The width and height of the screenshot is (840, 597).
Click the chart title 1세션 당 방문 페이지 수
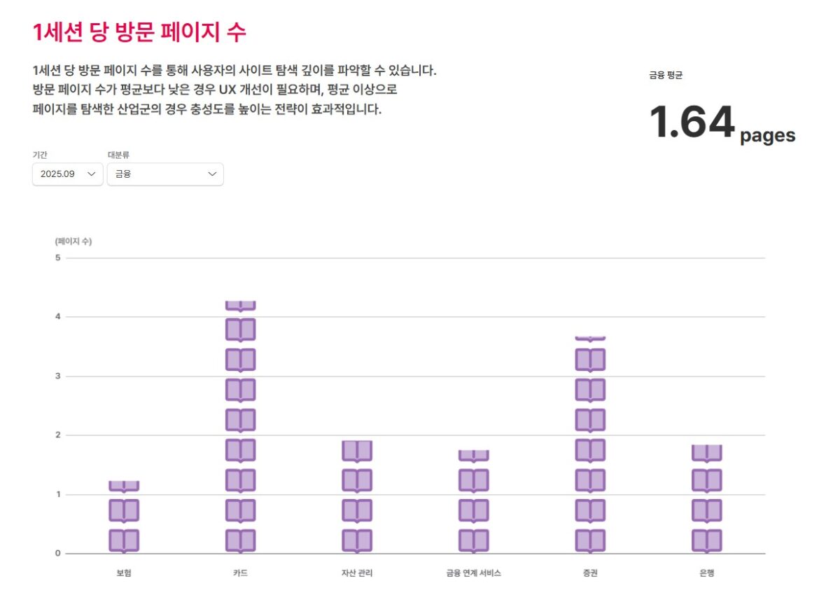coord(139,32)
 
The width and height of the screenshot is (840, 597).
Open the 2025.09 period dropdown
coord(68,174)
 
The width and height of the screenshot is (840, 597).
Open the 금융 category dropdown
coord(165,174)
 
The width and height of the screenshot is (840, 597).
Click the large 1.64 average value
coord(692,122)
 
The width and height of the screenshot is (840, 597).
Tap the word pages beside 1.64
coord(767,135)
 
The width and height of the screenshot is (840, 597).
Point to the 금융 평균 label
coord(665,76)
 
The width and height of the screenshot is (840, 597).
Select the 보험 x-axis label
coord(124,573)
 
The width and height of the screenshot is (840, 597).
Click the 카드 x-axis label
coord(240,573)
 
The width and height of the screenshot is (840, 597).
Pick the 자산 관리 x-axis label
coord(357,573)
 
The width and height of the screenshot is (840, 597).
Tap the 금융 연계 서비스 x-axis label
coord(474,573)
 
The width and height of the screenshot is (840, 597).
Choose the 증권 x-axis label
coord(590,573)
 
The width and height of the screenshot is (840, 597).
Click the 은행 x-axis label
coord(707,573)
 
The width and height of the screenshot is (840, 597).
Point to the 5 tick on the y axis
coord(58,258)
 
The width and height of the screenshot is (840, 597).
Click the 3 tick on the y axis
coord(58,376)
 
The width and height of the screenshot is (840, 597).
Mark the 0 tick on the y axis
coord(58,554)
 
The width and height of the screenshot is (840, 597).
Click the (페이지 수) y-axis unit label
coord(73,241)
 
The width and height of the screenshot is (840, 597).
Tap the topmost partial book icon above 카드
coord(240,306)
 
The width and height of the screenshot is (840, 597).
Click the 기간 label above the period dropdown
coord(40,155)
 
